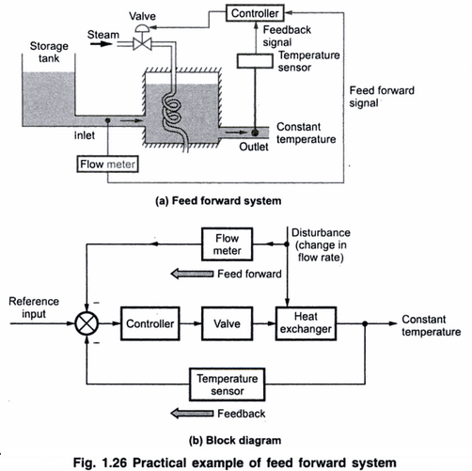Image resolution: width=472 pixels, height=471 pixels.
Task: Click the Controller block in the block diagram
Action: tap(150, 322)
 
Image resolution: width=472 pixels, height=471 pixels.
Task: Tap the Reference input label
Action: tap(30, 307)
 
